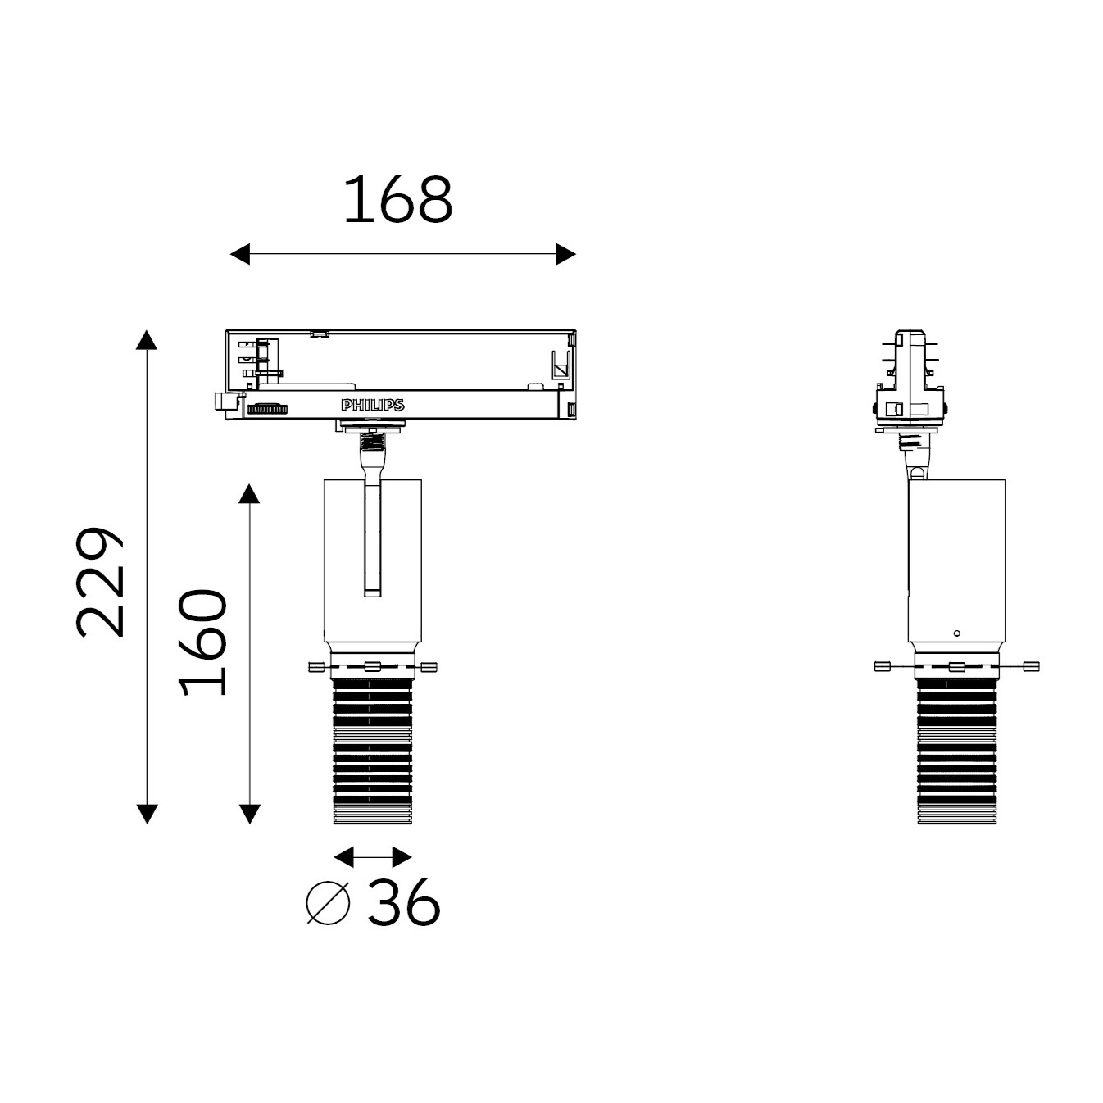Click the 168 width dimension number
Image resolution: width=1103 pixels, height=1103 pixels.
(397, 199)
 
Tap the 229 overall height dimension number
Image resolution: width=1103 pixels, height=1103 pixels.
(100, 582)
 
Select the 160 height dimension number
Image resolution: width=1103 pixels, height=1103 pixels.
(202, 642)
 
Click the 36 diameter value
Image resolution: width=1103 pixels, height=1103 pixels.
(403, 901)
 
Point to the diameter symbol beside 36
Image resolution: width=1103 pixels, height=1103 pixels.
(328, 903)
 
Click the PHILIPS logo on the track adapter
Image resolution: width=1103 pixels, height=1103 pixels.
(373, 406)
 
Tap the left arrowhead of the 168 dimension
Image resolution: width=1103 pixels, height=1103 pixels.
(240, 254)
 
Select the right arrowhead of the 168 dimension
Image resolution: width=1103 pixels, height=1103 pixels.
(566, 254)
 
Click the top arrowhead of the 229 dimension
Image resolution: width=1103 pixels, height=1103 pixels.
(147, 340)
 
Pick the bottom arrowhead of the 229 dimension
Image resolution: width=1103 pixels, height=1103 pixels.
(147, 814)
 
